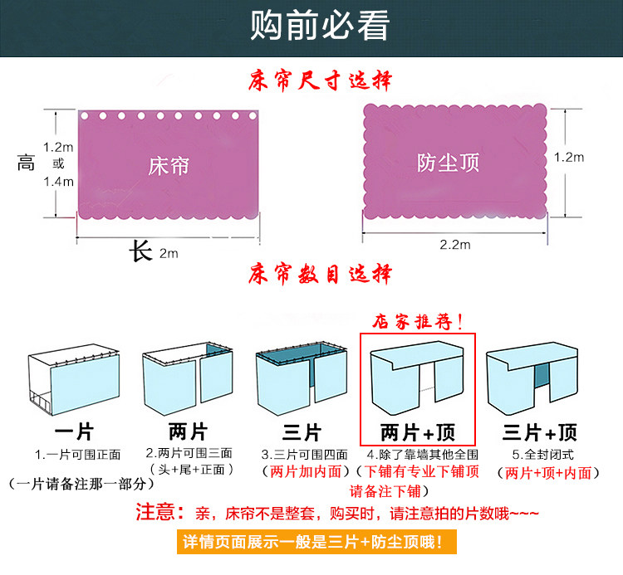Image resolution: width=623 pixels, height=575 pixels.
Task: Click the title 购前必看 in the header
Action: (320, 27)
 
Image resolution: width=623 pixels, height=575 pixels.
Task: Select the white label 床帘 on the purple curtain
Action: (169, 165)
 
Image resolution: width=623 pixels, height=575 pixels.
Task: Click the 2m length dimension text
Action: (169, 253)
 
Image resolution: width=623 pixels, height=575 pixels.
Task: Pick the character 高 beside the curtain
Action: (26, 163)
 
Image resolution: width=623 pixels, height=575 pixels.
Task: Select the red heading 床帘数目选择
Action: (321, 274)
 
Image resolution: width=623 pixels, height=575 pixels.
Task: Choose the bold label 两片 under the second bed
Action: (186, 432)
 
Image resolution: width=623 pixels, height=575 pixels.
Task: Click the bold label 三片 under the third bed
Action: (301, 432)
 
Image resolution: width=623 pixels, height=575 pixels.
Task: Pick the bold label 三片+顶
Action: (540, 432)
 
